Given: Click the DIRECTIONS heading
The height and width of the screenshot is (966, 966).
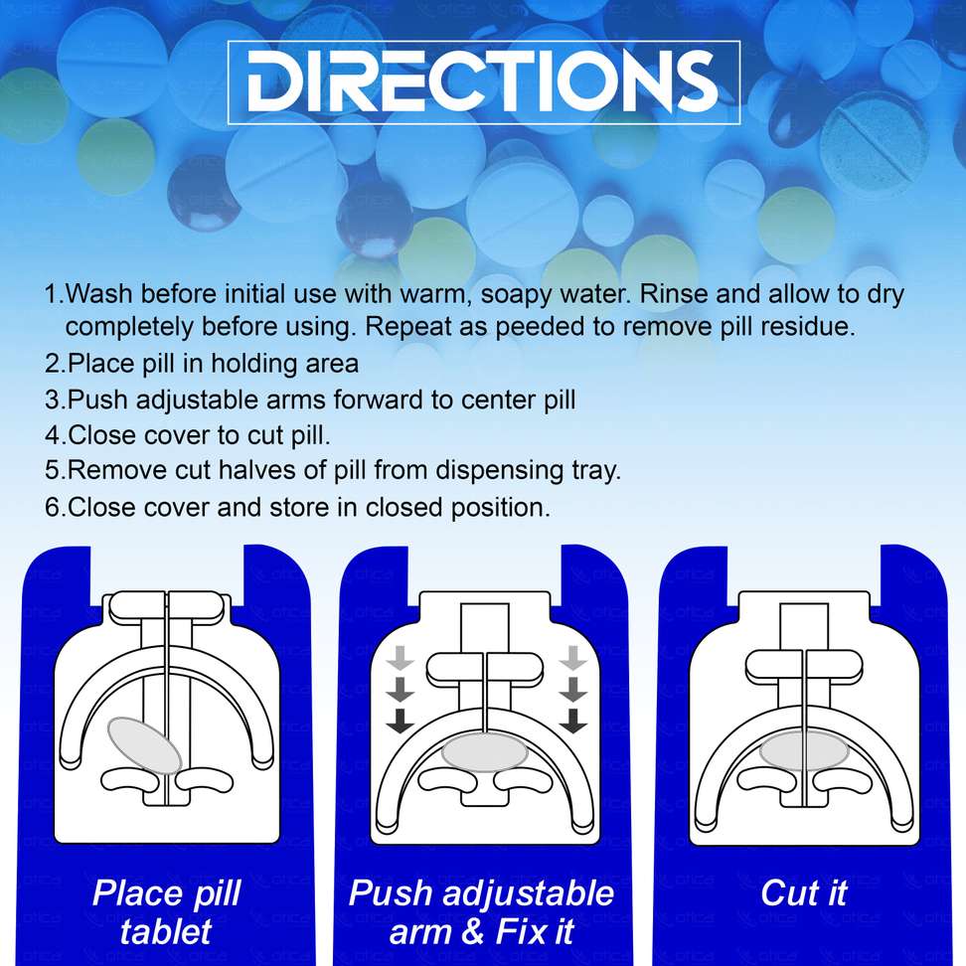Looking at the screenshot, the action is click(x=483, y=80).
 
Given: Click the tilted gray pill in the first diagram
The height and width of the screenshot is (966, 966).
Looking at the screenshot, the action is click(x=145, y=744).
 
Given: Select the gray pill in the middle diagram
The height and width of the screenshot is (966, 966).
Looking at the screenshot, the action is click(x=485, y=751).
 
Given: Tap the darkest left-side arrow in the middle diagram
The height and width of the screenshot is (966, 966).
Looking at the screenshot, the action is click(x=401, y=721).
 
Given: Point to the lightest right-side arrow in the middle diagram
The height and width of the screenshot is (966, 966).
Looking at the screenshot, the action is click(x=573, y=658).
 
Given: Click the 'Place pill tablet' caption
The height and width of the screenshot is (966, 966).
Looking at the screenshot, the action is click(x=166, y=912).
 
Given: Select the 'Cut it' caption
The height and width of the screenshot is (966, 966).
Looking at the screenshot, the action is click(x=804, y=893).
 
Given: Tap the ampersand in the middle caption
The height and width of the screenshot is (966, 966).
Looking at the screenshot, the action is click(x=472, y=931).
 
